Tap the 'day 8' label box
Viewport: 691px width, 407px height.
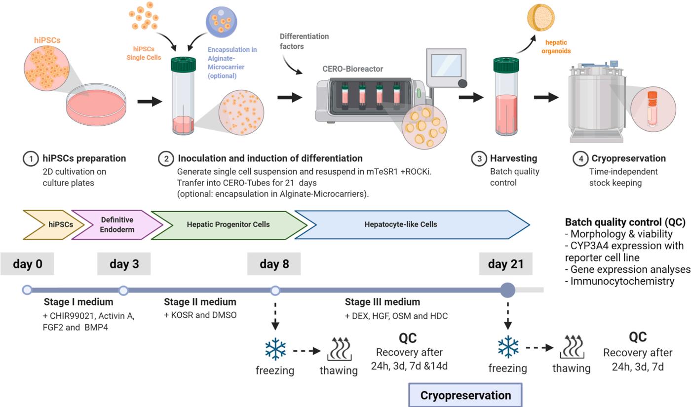[x=274, y=264]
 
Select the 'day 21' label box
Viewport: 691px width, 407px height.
[x=505, y=264]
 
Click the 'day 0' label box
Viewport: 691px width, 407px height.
[x=27, y=264]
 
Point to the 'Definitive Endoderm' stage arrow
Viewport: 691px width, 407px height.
[x=117, y=224]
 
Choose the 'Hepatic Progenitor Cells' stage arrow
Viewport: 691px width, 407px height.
[x=228, y=224]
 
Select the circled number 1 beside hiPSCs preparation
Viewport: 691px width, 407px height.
[x=31, y=159]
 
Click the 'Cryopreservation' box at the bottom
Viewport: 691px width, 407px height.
[x=465, y=395]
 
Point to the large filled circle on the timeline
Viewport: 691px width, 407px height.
[x=507, y=290]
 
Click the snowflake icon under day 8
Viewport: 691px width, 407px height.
[x=275, y=349]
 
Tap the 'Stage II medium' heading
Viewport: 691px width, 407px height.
[x=200, y=302]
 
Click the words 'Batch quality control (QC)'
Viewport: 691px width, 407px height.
[x=624, y=222]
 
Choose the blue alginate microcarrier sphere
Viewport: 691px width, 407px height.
[x=222, y=24]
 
